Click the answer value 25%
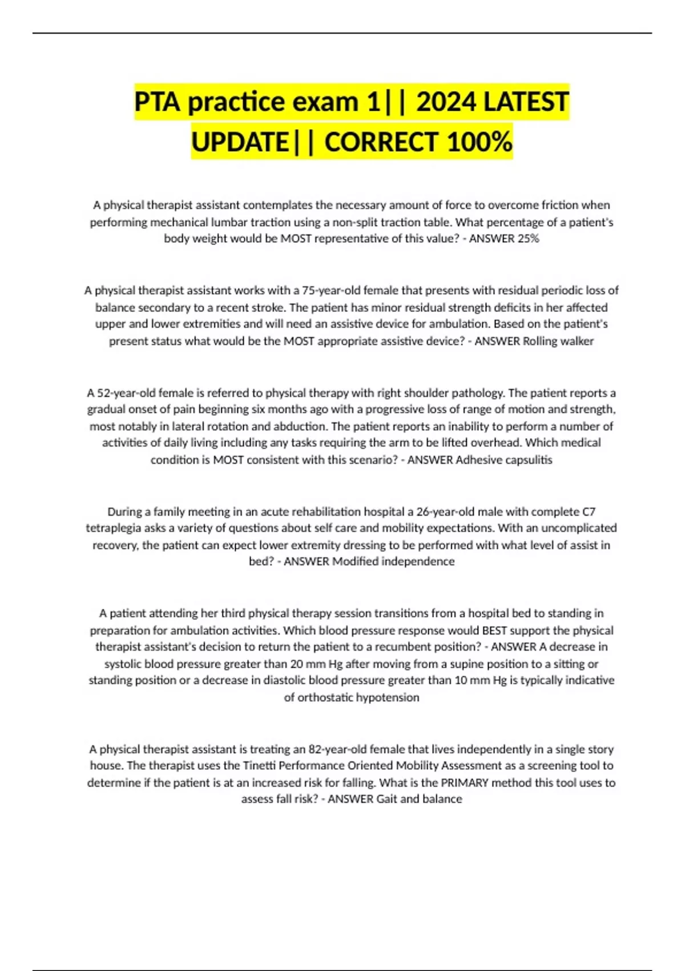(x=528, y=239)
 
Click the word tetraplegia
(x=115, y=528)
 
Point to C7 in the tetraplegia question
(x=589, y=511)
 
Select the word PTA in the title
(x=158, y=102)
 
